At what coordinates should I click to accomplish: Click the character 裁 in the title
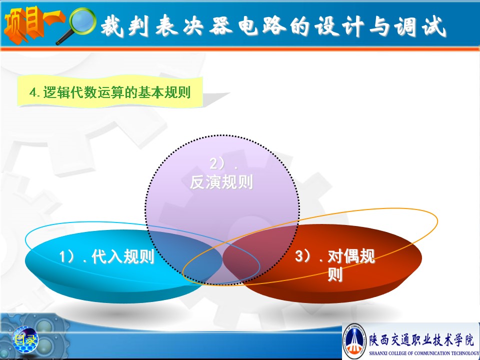[x=112, y=25]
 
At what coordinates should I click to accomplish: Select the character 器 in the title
[x=220, y=25]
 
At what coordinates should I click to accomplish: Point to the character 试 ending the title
[x=434, y=26]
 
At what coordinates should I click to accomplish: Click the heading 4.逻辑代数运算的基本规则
[x=110, y=92]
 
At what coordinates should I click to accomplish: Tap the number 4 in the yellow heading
[x=33, y=92]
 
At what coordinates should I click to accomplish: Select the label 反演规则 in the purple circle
[x=221, y=182]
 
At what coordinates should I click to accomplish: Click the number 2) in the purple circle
[x=217, y=164]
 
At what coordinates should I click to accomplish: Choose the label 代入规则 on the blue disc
[x=122, y=256]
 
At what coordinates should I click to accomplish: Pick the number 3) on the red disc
[x=303, y=256]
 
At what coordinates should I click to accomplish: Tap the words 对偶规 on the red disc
[x=351, y=256]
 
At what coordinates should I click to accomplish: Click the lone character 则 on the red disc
[x=335, y=274]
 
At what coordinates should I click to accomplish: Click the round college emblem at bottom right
[x=354, y=341]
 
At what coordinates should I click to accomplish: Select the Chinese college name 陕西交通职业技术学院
[x=421, y=340]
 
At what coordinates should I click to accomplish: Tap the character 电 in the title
[x=248, y=25]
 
